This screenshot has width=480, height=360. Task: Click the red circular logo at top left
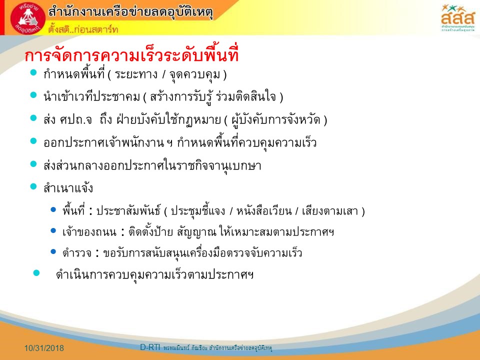(28, 18)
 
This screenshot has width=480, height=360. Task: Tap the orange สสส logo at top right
(457, 17)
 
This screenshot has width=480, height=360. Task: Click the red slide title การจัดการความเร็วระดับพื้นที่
(131, 55)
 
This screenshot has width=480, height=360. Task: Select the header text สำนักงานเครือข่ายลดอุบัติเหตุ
(130, 12)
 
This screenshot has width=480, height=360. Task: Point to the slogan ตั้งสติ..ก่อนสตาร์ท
(83, 29)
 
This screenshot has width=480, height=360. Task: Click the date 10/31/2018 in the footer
(44, 348)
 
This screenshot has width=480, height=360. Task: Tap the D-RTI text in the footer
(150, 347)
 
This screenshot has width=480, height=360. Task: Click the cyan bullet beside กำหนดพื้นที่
(33, 72)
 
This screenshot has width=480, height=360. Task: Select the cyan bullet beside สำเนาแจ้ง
(33, 186)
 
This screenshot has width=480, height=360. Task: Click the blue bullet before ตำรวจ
(53, 251)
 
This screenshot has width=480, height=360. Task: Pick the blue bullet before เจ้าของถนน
(53, 230)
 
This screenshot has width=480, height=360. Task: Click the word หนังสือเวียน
(264, 210)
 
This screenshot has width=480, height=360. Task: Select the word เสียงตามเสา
(329, 211)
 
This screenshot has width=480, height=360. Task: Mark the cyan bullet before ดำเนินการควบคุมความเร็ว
(36, 273)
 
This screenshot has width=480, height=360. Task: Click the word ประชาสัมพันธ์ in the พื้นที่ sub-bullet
(128, 210)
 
